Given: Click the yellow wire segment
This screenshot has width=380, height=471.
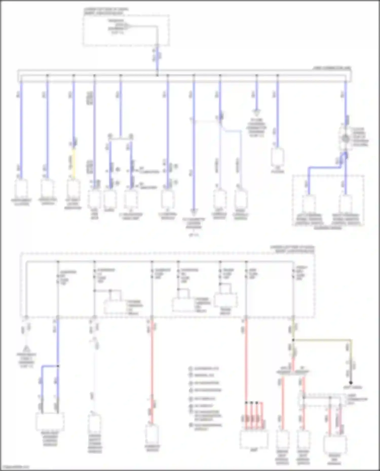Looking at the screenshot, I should (x=74, y=162).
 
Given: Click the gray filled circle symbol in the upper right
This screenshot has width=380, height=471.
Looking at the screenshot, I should (x=345, y=138).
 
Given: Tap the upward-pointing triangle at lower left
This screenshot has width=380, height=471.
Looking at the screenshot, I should (x=26, y=348).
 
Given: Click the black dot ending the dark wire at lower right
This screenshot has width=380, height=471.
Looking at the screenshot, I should (x=351, y=383).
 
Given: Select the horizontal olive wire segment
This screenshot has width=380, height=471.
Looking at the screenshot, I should (x=322, y=340).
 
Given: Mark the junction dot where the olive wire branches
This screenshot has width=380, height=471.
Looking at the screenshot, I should (x=293, y=340).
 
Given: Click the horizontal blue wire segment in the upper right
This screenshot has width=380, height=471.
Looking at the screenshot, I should (x=324, y=167).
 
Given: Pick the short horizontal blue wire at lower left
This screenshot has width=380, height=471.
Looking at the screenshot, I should (x=50, y=366).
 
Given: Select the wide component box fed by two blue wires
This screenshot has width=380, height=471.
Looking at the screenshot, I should (x=50, y=422).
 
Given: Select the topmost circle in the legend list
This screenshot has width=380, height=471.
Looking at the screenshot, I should (x=191, y=368).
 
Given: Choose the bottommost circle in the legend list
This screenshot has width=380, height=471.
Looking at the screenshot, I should (x=191, y=425).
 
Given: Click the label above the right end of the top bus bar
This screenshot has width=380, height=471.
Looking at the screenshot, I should (x=332, y=68).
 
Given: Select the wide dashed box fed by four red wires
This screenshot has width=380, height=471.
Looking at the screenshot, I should (x=254, y=438).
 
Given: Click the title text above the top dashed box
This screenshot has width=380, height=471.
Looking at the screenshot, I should (x=106, y=11).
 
